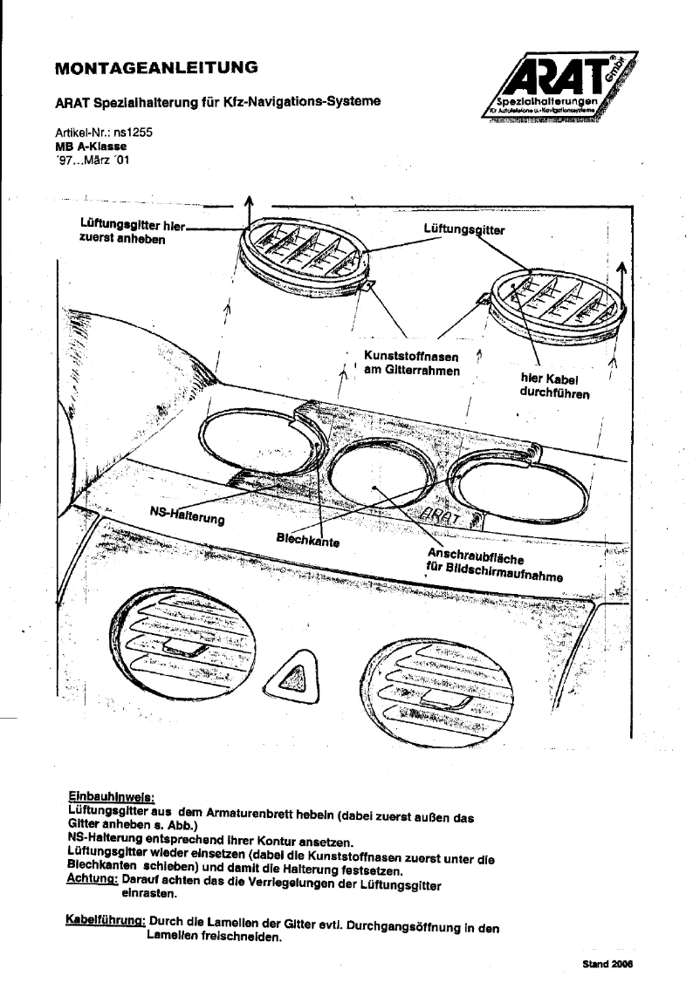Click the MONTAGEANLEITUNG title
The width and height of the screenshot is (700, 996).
pos(156,65)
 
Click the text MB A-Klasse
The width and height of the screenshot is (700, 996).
pos(87,147)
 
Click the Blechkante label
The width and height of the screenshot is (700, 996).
pos(308,540)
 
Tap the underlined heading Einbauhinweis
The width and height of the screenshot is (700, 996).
pos(111,797)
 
